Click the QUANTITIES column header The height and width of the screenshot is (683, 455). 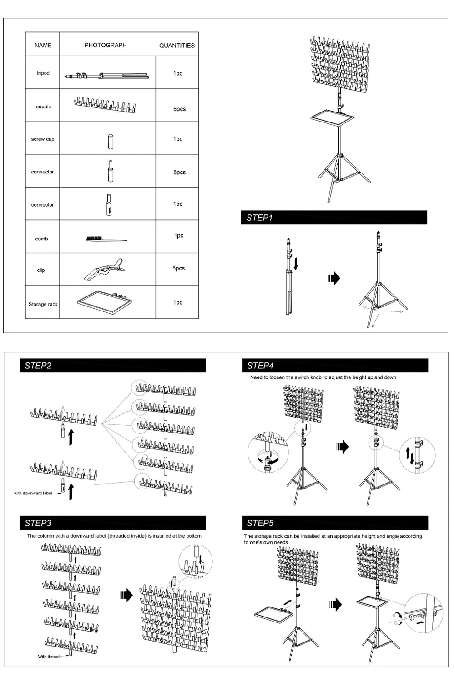click(177, 46)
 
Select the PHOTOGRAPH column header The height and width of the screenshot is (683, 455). click(106, 45)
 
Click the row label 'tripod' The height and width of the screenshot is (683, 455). click(43, 73)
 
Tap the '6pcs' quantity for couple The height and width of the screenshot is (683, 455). click(179, 109)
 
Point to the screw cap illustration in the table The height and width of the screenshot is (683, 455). click(110, 141)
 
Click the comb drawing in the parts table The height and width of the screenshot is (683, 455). click(106, 239)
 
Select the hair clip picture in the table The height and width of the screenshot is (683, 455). click(104, 270)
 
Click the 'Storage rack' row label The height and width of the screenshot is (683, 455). click(43, 304)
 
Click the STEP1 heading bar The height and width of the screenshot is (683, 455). click(334, 218)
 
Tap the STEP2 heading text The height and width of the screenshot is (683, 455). click(38, 366)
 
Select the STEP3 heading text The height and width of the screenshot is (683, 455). click(38, 523)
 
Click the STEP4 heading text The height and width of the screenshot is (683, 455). click(260, 366)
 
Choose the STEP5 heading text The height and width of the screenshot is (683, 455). click(260, 523)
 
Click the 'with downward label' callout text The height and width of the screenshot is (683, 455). click(33, 493)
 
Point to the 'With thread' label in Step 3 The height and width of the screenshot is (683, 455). click(48, 657)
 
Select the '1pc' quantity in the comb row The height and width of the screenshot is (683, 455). click(178, 236)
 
